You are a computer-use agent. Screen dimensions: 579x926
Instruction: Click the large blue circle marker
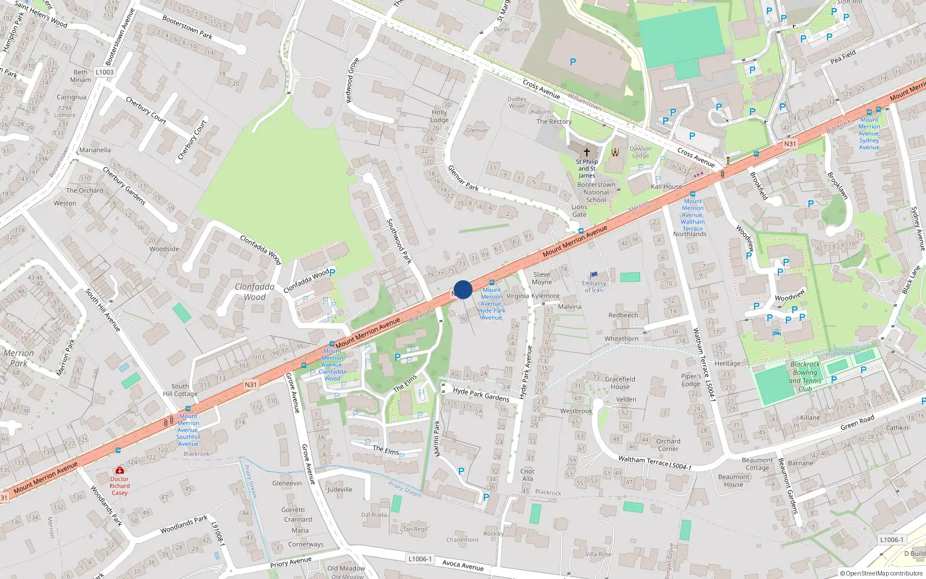(463, 289)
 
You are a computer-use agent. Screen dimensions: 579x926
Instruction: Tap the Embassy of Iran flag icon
(593, 275)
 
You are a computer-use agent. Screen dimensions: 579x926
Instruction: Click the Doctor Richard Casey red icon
(120, 470)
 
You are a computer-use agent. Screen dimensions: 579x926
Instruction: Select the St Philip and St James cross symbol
(586, 152)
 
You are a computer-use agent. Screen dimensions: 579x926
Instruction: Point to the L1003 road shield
(105, 72)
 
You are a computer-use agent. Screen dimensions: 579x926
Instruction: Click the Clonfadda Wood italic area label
(255, 292)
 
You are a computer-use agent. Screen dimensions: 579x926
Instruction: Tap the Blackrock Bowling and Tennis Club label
(805, 376)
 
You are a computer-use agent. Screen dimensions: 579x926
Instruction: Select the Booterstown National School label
(596, 192)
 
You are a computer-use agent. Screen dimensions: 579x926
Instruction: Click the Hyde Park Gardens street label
(481, 395)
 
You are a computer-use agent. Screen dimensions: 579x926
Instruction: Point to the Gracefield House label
(620, 383)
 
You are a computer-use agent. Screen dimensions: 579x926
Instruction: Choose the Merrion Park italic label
(19, 358)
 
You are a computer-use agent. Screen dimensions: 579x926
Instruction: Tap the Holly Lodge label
(439, 116)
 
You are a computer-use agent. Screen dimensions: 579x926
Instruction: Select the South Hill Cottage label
(180, 390)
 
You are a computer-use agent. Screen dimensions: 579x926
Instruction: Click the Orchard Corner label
(668, 445)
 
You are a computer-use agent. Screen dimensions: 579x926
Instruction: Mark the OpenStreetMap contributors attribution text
(881, 573)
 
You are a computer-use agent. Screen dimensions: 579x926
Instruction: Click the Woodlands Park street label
(183, 525)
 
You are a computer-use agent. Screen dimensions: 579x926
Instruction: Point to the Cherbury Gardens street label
(124, 185)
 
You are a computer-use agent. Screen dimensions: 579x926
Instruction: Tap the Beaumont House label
(733, 481)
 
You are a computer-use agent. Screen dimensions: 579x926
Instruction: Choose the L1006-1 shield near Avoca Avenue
(420, 559)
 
